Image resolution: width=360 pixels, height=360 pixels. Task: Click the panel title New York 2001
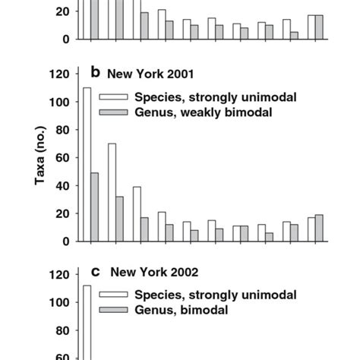[x=150, y=74]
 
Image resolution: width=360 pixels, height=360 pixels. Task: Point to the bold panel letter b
[x=96, y=73]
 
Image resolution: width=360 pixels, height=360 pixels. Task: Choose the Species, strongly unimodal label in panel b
[x=215, y=96]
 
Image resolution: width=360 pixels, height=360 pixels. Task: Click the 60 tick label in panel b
[x=63, y=158]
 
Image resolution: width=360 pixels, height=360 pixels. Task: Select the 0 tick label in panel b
[x=67, y=242]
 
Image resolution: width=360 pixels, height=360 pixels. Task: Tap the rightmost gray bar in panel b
[x=320, y=228]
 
